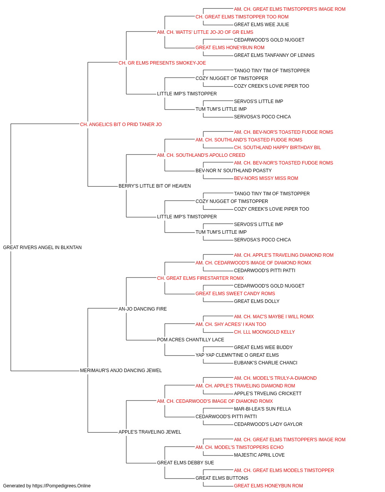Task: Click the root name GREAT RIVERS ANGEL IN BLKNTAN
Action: click(x=42, y=248)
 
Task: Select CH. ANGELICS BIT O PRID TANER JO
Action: click(x=121, y=125)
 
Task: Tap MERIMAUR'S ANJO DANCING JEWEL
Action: click(x=121, y=371)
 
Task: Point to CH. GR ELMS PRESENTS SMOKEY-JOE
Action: click(x=162, y=63)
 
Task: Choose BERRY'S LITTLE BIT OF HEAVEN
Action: click(x=155, y=186)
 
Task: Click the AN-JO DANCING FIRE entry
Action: click(x=142, y=309)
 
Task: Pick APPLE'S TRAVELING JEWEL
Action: click(x=150, y=432)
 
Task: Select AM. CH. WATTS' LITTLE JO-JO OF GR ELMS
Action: click(x=205, y=32)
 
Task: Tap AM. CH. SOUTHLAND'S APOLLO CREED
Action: click(x=201, y=155)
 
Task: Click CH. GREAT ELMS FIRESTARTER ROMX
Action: click(x=201, y=278)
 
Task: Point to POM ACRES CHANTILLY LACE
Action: click(x=191, y=340)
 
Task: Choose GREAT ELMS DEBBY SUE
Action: click(x=186, y=462)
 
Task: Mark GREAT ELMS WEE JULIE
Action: click(x=261, y=25)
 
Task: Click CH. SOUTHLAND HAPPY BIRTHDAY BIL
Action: click(x=278, y=147)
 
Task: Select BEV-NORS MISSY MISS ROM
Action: click(x=266, y=178)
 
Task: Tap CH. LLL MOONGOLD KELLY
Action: click(x=264, y=332)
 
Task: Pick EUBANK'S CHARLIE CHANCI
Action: click(x=266, y=363)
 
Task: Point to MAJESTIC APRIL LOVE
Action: click(x=259, y=455)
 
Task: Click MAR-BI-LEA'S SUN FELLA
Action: click(x=262, y=409)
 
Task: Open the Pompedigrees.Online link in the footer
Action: click(x=61, y=486)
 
